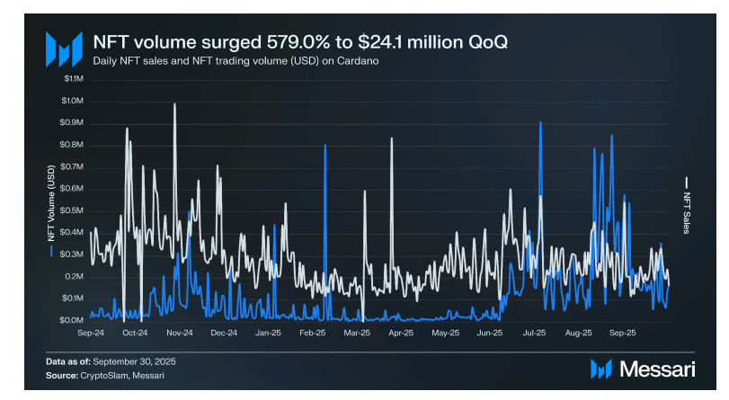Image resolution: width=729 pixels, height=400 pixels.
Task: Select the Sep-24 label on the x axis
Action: [91, 333]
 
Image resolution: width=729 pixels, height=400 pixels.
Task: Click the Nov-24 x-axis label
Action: [180, 333]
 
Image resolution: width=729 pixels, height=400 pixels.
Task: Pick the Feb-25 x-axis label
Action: [313, 333]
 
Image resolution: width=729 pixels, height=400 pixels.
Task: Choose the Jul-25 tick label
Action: [535, 333]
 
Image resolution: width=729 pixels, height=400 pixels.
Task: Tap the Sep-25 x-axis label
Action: [623, 333]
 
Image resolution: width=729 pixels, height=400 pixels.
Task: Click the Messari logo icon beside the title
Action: [65, 50]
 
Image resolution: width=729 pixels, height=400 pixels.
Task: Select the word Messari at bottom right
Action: [648, 369]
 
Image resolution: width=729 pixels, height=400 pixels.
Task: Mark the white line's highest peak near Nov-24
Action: [174, 104]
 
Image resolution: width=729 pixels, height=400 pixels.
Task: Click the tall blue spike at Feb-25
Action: [325, 146]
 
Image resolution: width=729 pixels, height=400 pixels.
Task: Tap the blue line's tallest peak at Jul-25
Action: [540, 123]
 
